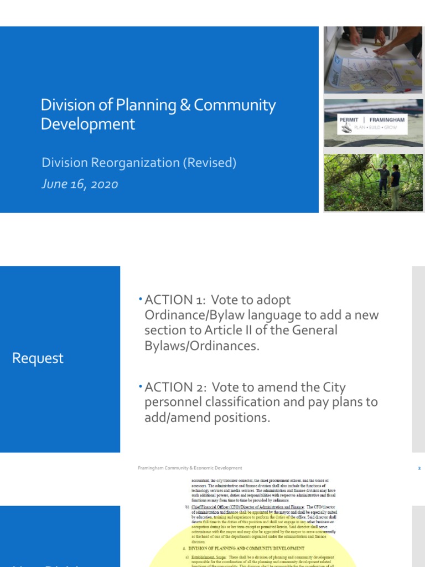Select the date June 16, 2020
tap(80, 184)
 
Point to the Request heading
tap(38, 358)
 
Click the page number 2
tap(419, 468)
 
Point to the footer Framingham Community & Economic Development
tap(190, 468)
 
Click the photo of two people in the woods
tap(372, 183)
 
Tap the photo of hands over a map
tap(372, 59)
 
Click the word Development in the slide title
tap(88, 123)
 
